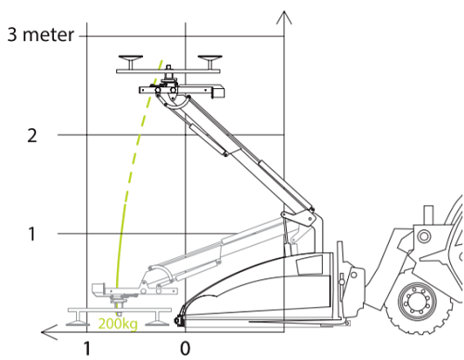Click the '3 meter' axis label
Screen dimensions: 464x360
[x=41, y=34]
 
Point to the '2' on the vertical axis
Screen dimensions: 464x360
[x=32, y=135]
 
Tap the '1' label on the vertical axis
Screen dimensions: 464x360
[x=32, y=234]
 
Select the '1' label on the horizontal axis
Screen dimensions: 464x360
[x=87, y=349]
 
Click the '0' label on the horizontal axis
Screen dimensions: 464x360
[x=185, y=349]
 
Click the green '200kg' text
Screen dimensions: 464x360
[x=118, y=324]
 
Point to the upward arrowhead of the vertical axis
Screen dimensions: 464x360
[x=284, y=18]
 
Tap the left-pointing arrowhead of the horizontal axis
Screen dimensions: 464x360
[x=49, y=332]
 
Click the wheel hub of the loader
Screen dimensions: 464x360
[x=418, y=301]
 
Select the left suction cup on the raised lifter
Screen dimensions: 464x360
[x=131, y=62]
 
